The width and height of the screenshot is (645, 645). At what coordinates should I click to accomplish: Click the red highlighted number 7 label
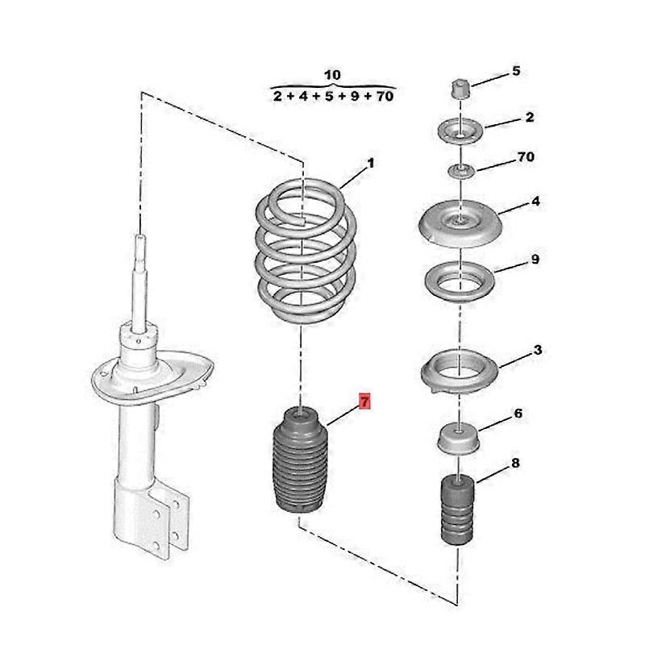click(x=365, y=401)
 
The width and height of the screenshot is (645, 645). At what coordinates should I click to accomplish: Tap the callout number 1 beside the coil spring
click(x=370, y=164)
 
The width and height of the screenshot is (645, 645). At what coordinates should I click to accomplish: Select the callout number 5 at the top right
click(x=516, y=71)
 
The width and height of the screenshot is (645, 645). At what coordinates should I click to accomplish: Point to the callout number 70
click(x=526, y=156)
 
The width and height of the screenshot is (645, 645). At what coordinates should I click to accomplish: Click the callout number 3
click(x=538, y=350)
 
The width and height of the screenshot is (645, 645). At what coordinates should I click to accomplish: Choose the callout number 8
click(x=515, y=463)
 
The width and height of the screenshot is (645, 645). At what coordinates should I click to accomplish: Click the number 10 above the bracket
click(x=332, y=75)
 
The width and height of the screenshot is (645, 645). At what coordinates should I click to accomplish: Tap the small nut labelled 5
click(x=460, y=89)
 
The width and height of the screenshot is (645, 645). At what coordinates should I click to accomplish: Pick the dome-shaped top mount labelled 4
click(x=460, y=223)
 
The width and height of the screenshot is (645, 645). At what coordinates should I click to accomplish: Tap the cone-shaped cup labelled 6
click(x=458, y=439)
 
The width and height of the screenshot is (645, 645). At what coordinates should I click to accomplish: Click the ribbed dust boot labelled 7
click(x=300, y=460)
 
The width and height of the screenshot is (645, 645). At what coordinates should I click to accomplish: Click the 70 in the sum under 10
click(x=385, y=96)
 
